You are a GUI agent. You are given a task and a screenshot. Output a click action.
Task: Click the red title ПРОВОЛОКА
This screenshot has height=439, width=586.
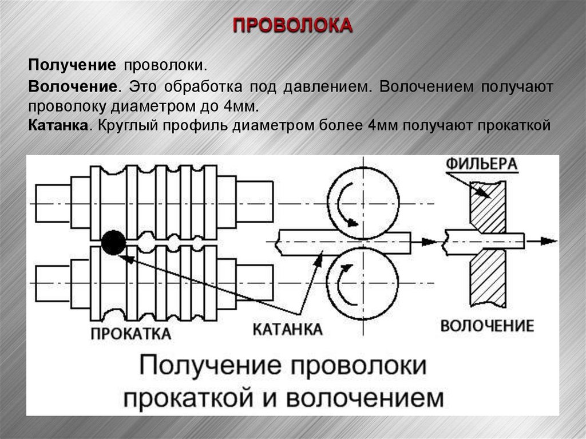pyautogui.click(x=292, y=26)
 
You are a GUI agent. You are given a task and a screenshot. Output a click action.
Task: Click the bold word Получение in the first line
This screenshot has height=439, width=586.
pyautogui.click(x=73, y=65)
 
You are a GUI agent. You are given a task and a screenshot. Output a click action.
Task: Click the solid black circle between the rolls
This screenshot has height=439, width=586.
pyautogui.click(x=113, y=242)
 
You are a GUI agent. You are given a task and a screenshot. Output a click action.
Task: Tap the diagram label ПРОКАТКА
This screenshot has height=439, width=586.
pyautogui.click(x=130, y=333)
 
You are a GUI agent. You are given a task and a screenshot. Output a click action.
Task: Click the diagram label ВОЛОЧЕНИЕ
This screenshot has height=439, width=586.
pyautogui.click(x=487, y=326)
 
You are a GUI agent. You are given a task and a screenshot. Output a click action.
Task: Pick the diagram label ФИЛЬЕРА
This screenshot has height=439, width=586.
pyautogui.click(x=482, y=164)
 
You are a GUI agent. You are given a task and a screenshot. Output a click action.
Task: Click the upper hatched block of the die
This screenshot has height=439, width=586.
pyautogui.click(x=488, y=207)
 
